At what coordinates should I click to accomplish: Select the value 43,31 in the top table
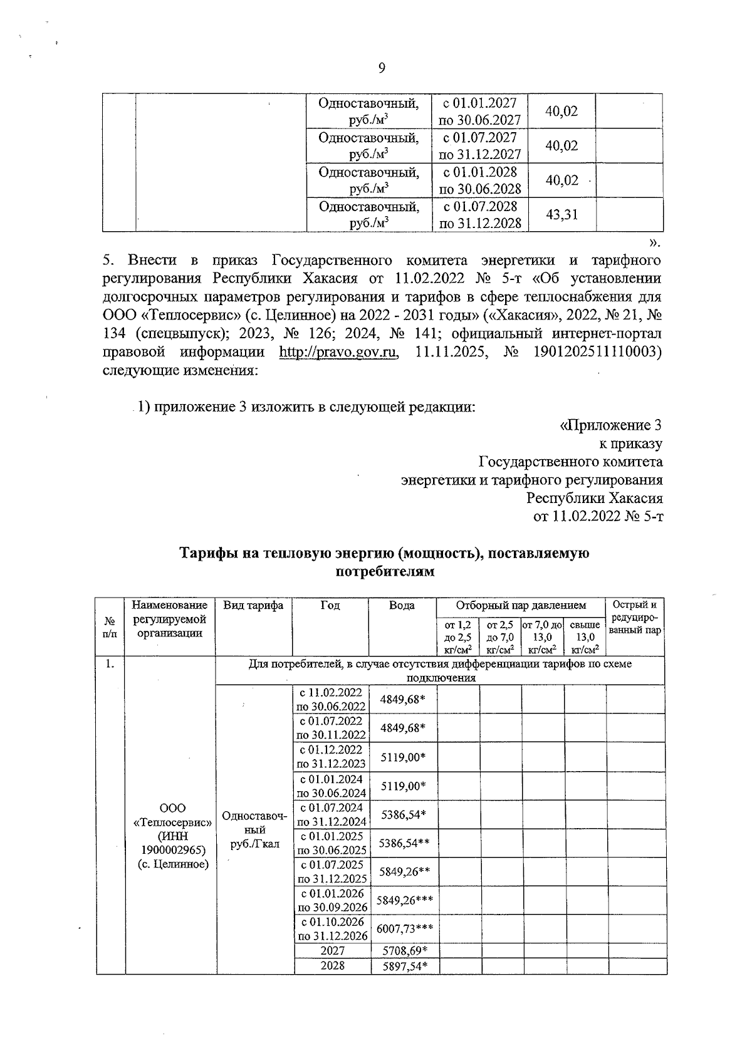coord(561,215)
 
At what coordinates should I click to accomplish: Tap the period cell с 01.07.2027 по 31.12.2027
coord(480,146)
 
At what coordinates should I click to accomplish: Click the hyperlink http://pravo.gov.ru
coord(338,352)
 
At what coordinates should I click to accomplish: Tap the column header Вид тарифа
coord(253,605)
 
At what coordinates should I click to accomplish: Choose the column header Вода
coord(402,605)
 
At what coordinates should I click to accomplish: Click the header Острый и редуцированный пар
coord(635,618)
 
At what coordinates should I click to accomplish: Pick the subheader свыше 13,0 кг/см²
coord(585,637)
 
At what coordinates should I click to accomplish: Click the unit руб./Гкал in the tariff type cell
coord(254,844)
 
